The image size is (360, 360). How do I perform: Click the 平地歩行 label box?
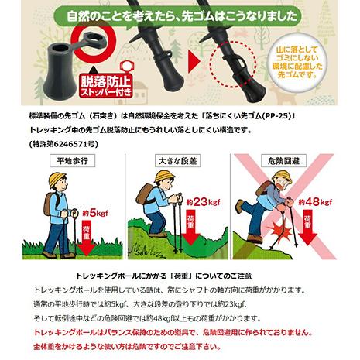coord(72,161)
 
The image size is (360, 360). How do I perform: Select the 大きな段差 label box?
coord(178,161)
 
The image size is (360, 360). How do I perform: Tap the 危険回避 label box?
coord(283,161)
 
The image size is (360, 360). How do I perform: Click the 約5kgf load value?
coord(95,214)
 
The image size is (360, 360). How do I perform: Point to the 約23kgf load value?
coord(204,202)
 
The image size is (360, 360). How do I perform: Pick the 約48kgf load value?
coord(315,202)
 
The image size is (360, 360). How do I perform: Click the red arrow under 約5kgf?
coord(87,238)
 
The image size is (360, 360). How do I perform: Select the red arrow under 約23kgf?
coord(190,228)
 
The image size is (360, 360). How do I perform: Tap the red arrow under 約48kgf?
coord(307,228)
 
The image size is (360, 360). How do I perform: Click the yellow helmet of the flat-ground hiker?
coord(57,179)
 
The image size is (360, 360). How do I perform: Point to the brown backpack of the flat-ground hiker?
coord(50,204)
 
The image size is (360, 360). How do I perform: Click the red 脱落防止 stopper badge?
coord(106,86)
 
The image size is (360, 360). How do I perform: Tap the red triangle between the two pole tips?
coord(194,61)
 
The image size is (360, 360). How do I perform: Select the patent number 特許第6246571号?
coord(63,144)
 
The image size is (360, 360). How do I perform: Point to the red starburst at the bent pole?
coord(282,231)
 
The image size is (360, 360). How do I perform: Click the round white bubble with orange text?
coord(297,62)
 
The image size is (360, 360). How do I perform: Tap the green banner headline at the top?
coord(177,17)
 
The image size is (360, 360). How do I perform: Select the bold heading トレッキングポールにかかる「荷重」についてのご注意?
coord(163,276)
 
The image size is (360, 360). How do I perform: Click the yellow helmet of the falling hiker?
coord(283,177)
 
